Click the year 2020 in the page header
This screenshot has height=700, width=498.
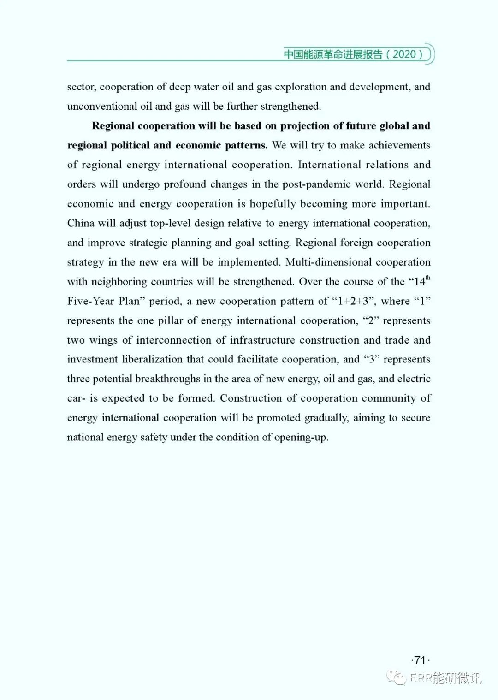[404, 54]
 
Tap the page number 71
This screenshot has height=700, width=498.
[420, 660]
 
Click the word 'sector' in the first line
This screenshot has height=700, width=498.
[81, 87]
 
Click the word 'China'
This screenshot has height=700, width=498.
[81, 223]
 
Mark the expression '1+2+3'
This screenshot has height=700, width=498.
[354, 301]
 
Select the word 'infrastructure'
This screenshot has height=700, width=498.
[262, 340]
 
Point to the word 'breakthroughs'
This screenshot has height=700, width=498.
[167, 379]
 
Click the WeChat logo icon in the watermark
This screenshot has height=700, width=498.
[397, 677]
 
